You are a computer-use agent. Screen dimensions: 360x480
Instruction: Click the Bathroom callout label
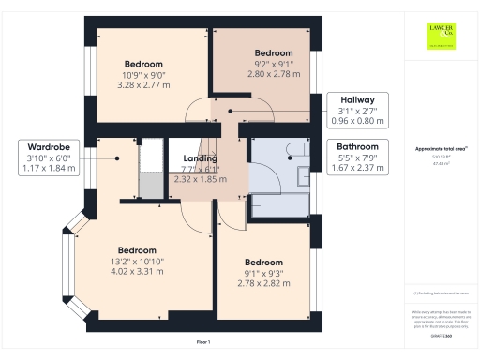tap(358, 147)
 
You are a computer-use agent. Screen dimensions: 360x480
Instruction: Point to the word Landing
tap(200, 158)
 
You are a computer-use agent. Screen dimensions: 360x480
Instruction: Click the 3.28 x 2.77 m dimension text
tap(144, 83)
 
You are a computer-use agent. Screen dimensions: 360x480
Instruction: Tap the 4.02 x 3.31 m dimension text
tap(137, 272)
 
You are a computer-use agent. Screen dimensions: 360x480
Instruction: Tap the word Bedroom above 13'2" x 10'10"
tap(137, 250)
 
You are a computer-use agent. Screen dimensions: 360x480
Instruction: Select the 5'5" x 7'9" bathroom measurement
tap(358, 158)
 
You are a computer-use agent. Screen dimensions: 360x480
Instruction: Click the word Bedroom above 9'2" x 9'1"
tap(274, 53)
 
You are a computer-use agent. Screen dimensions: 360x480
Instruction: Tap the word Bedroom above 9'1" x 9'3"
tap(263, 262)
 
